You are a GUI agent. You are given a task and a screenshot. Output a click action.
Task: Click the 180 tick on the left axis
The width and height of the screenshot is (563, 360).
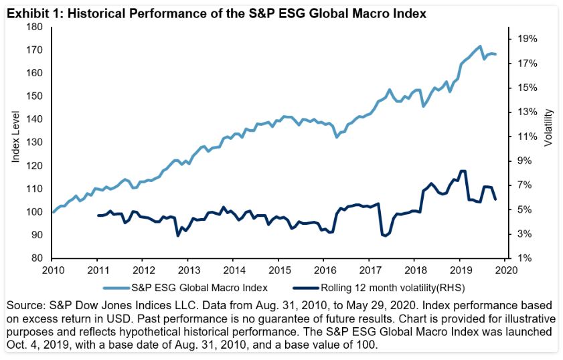click(34, 27)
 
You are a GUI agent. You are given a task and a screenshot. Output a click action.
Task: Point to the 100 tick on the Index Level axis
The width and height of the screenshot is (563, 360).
click(34, 212)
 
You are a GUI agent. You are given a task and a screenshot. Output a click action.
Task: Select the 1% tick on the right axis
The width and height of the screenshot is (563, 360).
click(524, 258)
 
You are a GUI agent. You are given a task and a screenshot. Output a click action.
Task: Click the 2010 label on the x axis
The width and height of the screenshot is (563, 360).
click(52, 270)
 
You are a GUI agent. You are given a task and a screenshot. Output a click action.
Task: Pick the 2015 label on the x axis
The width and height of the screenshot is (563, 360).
click(278, 270)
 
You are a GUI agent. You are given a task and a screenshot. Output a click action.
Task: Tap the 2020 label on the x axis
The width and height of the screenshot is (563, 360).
click(505, 270)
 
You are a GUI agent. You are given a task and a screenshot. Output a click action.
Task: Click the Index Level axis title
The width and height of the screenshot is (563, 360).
click(16, 142)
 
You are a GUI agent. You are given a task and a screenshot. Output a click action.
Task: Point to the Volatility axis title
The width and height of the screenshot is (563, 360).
click(548, 129)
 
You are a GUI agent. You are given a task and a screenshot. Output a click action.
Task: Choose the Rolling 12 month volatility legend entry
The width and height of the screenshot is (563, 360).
click(382, 288)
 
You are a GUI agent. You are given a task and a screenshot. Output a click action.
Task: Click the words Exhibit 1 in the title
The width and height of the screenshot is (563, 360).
click(29, 11)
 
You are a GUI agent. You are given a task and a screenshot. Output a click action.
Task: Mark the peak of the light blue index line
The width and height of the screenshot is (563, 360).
click(479, 46)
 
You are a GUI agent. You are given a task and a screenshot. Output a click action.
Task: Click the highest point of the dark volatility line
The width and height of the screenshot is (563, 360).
click(462, 171)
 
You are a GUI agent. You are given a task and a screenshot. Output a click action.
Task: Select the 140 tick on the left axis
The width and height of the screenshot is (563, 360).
click(34, 119)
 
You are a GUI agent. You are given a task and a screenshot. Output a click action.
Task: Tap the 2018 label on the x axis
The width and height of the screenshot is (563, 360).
click(414, 270)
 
